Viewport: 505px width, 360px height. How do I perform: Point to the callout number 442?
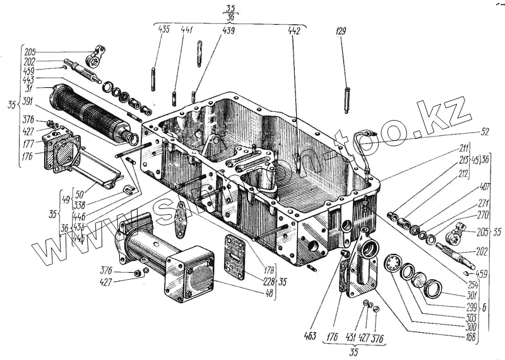point(294,30)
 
